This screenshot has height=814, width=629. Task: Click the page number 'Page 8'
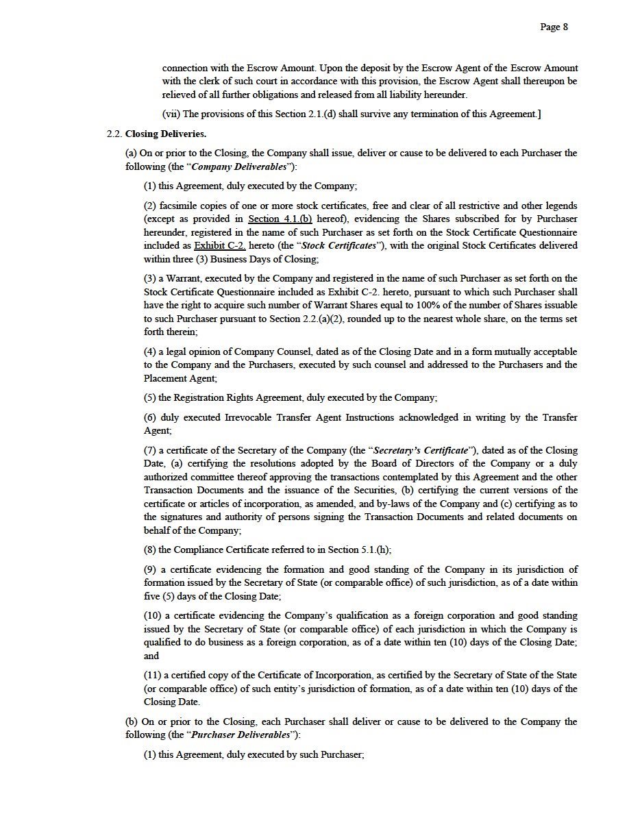[x=554, y=27]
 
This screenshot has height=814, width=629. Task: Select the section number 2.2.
[x=114, y=134]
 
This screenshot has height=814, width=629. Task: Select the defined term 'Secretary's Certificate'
[x=421, y=450]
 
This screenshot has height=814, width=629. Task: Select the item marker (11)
[x=153, y=676]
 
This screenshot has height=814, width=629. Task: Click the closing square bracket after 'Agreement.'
[x=539, y=114]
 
